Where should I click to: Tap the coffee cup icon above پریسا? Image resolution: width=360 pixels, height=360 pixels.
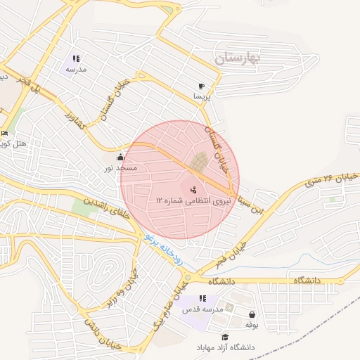point(202,85)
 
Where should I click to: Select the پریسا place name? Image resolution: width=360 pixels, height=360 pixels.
point(202,96)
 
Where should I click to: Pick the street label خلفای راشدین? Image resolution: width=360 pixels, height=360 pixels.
point(107,210)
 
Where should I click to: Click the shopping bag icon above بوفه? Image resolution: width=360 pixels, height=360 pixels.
point(252,314)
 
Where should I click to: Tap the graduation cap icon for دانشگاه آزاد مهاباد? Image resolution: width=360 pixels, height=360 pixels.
point(225,337)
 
